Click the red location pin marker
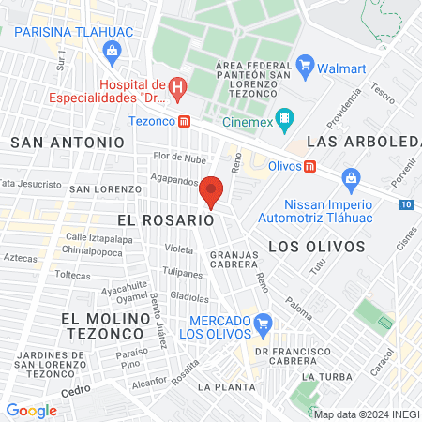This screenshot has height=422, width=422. (212, 191)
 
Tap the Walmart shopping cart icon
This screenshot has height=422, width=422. (304, 65)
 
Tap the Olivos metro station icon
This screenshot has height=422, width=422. (309, 165)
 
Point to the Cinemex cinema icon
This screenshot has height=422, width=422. (287, 120)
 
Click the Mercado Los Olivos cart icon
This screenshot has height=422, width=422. (264, 324)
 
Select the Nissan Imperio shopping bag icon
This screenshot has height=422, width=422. (351, 177)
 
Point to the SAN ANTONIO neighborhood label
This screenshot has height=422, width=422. (68, 142)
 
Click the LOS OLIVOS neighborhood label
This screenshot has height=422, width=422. (316, 246)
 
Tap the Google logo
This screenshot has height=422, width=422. (31, 410)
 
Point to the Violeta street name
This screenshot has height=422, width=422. (178, 249)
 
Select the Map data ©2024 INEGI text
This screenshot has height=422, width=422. (366, 414)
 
